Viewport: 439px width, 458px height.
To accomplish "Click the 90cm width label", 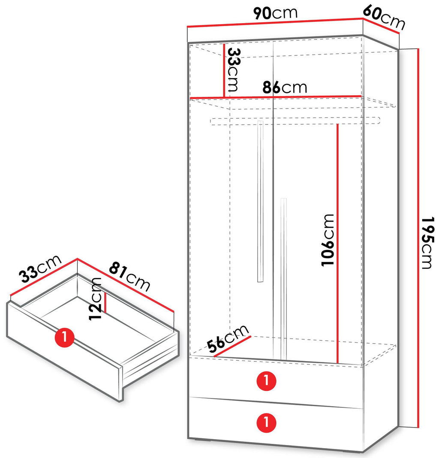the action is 275,13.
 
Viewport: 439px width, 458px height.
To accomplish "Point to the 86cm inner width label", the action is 285,87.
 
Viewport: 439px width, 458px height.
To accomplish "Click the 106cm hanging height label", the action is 328,240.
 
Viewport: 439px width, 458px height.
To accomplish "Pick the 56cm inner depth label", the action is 228,338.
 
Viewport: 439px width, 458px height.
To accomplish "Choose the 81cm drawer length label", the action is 129,277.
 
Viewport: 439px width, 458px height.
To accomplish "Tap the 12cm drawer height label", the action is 95,299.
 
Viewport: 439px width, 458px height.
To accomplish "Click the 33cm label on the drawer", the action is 40,268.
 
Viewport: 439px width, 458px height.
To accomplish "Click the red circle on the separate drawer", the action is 65,337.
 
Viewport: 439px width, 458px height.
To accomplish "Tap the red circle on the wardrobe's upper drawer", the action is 266,381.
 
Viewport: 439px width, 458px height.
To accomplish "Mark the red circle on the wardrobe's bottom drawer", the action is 266,422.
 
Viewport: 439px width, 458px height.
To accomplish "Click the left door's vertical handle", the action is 260,201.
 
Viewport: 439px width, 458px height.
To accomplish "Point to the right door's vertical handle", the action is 283,279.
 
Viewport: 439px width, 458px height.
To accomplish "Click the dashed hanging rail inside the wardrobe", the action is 295,121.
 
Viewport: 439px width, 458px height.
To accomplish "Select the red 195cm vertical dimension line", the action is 418,238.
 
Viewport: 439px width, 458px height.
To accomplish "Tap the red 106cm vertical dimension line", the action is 337,244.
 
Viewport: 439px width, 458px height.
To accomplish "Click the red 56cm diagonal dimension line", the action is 232,347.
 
